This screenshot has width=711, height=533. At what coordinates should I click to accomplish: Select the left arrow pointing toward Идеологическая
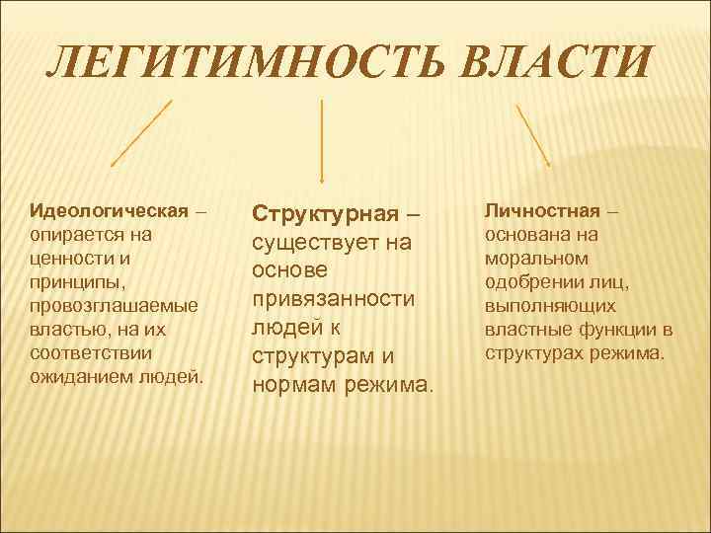tap(142, 132)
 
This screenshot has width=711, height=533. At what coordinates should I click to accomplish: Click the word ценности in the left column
tap(66, 259)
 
